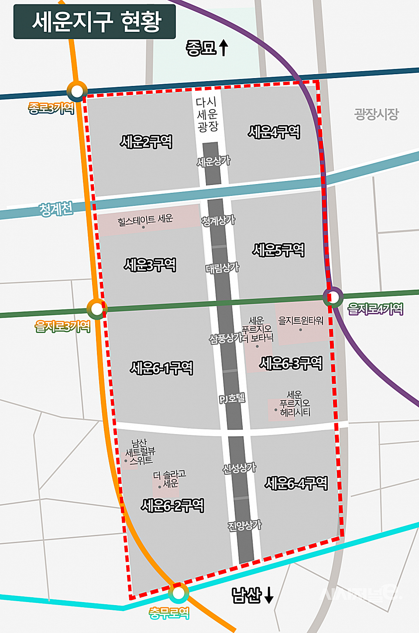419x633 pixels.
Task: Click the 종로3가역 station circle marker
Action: click(77, 91)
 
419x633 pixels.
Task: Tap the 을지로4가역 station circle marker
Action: click(333, 298)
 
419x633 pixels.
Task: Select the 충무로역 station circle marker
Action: click(178, 593)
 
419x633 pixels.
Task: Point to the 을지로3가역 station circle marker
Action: click(96, 309)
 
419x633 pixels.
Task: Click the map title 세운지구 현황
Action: click(95, 21)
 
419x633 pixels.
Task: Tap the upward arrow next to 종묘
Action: click(223, 48)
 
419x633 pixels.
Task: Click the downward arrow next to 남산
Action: click(269, 595)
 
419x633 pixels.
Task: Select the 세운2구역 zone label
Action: click(146, 142)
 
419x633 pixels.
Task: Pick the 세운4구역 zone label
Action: click(274, 132)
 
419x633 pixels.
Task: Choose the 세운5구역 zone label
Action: click(278, 250)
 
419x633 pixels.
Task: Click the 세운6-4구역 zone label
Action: click(296, 483)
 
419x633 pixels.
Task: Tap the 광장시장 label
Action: click(376, 114)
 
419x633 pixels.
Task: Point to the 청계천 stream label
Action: click(56, 209)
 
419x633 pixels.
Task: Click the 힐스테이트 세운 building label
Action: click(145, 220)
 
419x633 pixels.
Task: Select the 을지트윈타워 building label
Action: click(301, 321)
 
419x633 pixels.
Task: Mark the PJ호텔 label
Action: click(232, 398)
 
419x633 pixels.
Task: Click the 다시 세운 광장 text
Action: click(207, 114)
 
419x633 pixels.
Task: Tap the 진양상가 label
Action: click(244, 525)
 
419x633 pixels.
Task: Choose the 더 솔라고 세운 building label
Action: click(169, 479)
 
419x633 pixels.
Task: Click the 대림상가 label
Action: click(222, 268)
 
